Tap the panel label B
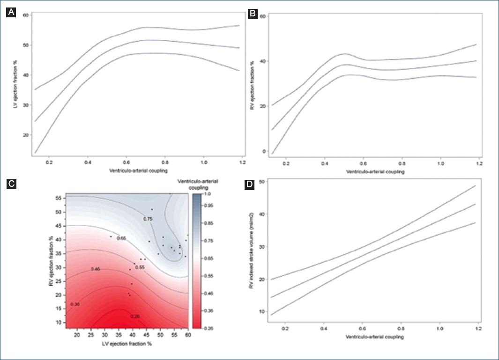coord(252,14)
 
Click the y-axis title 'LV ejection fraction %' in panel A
coord(15,82)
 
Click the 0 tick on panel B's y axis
coord(264,152)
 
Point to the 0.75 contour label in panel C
coord(148,219)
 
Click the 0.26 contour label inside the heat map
coord(135,316)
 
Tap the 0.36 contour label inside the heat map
coord(75,304)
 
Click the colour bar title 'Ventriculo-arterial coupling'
coord(205,184)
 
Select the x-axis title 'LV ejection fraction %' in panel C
coord(127,344)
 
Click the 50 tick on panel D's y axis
coord(262,181)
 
